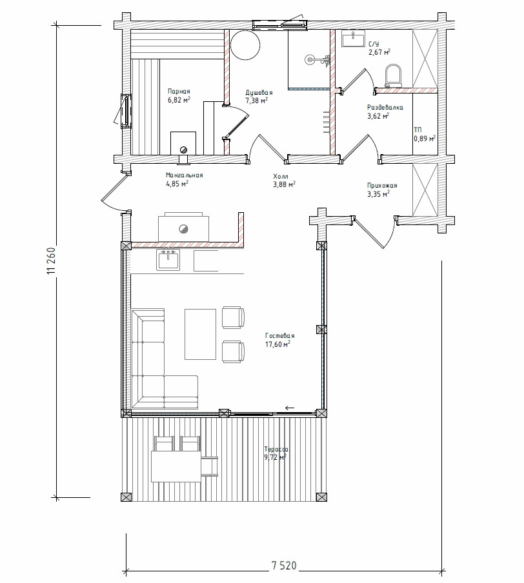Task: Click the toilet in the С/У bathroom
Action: coord(394,76)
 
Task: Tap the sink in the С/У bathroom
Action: coord(353,39)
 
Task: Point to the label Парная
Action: coord(179,91)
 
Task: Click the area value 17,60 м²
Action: coord(277,344)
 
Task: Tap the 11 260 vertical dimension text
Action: coord(52,261)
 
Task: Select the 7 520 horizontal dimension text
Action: coord(284,566)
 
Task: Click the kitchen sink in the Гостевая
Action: coord(168,259)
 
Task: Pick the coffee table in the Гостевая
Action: coord(200,334)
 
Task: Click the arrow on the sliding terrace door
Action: coord(290,408)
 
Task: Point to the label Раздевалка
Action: coord(385,108)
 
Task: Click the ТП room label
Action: coord(418,130)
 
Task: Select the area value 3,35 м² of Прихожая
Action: coord(378,193)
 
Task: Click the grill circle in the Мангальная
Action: coord(183,229)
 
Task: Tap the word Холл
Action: coord(281,176)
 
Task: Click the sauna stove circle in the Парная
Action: coord(183,150)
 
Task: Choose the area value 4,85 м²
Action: coord(177,183)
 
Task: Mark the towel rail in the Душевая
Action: coord(327,121)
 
